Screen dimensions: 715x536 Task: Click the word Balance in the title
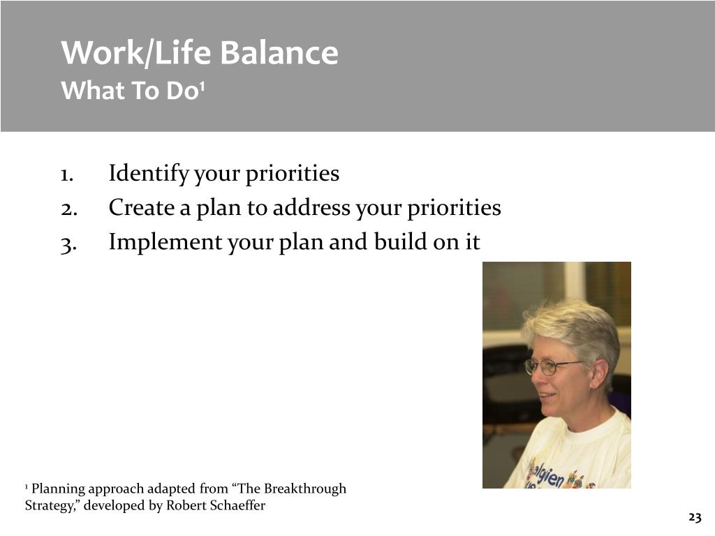(279, 52)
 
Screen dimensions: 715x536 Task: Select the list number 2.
(68, 209)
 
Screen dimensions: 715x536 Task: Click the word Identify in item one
(149, 174)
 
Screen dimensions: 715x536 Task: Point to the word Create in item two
(142, 207)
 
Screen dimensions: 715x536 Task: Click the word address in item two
(312, 207)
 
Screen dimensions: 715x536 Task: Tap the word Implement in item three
(165, 242)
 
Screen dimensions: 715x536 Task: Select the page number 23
(695, 517)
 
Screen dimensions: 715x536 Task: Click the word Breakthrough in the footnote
(305, 489)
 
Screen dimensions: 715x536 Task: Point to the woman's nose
(538, 382)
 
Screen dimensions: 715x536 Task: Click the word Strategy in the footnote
(50, 506)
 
